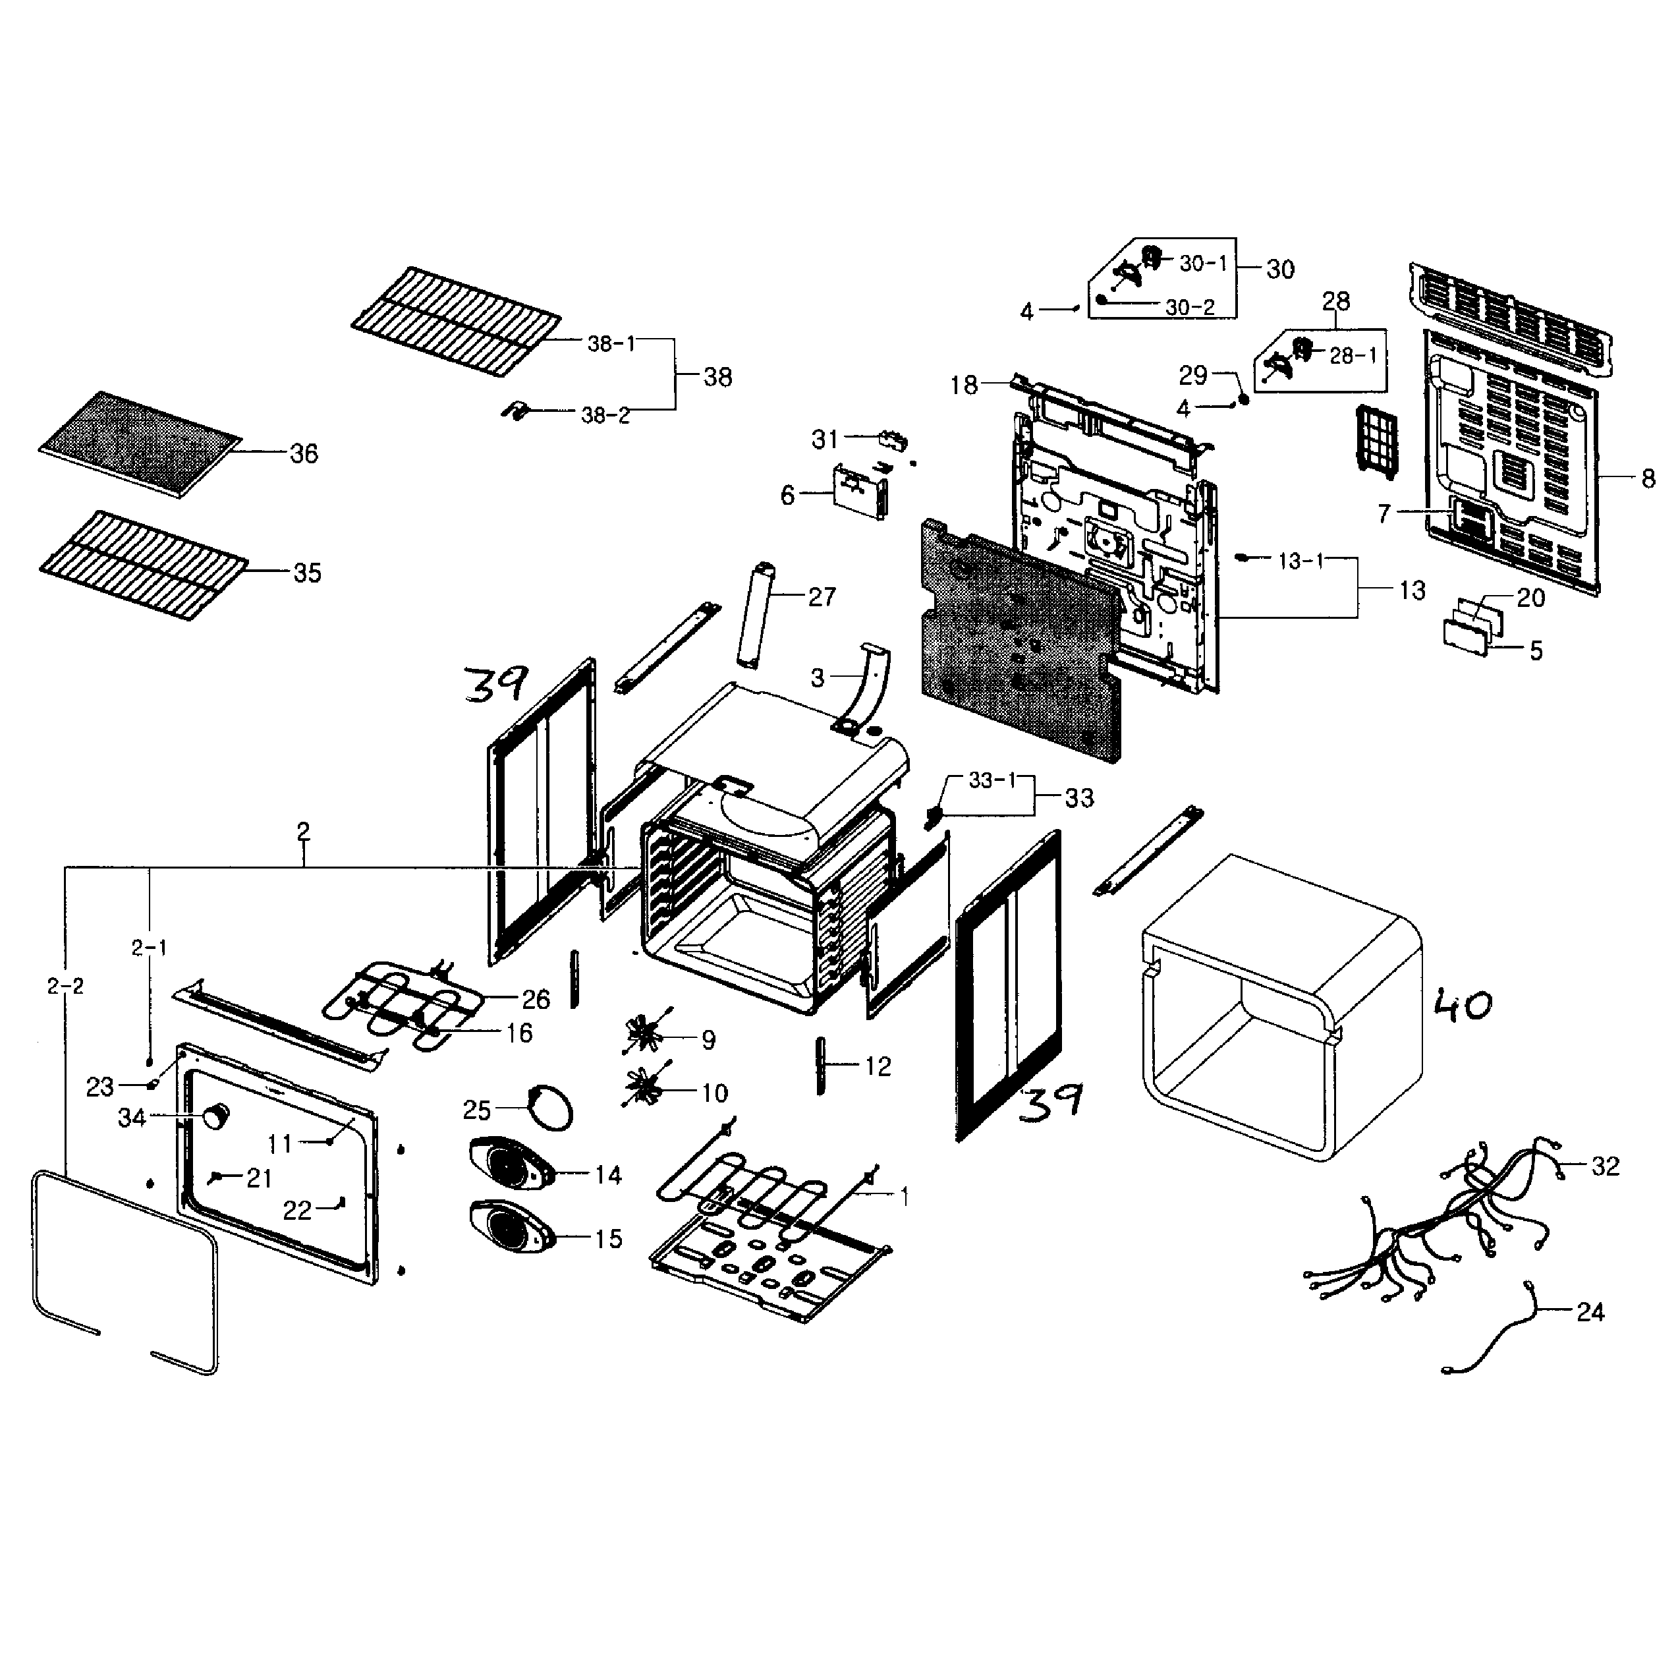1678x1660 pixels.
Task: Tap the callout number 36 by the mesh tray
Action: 304,453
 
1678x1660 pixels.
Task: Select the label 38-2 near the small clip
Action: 605,415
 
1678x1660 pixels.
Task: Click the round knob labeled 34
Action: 215,1117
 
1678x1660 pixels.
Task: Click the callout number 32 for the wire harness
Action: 1605,1166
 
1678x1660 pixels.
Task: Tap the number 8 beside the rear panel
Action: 1648,478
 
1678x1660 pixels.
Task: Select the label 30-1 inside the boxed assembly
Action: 1203,263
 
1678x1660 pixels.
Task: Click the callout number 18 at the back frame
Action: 964,385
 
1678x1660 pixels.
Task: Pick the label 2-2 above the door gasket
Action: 65,986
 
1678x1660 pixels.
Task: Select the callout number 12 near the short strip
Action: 878,1067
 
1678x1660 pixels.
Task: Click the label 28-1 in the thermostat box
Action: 1353,355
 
